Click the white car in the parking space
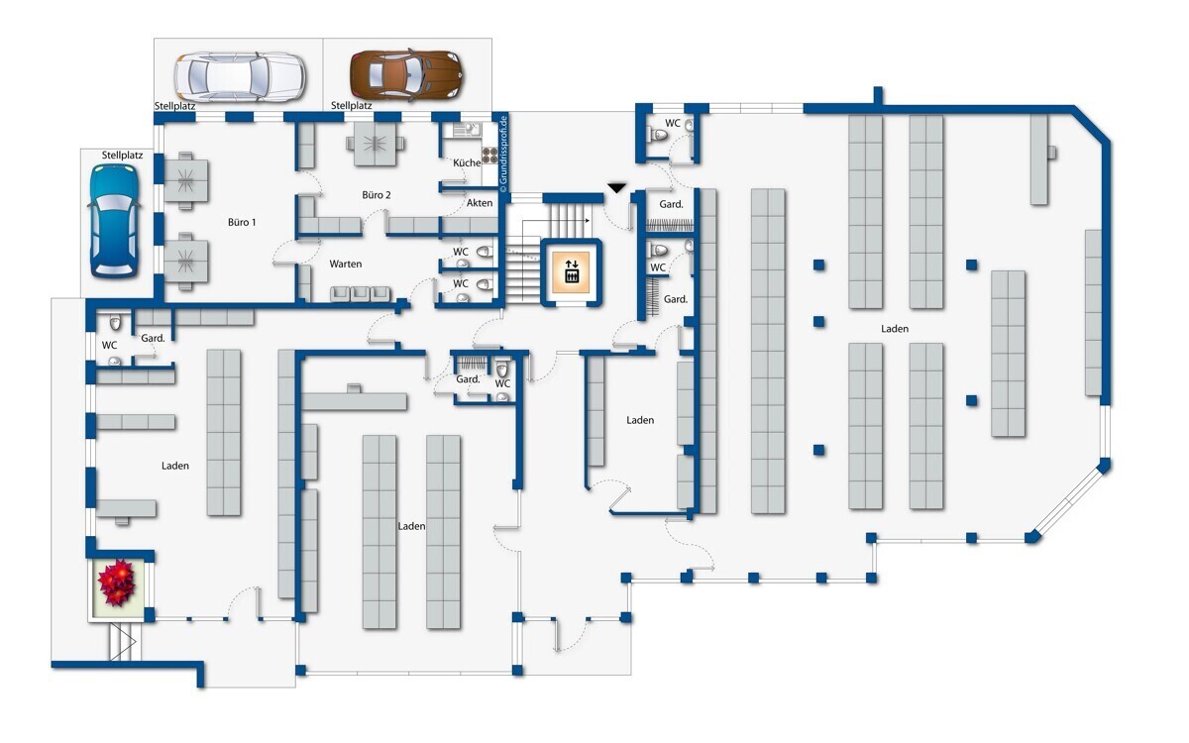(240, 76)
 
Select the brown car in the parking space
(405, 75)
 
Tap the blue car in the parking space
(114, 221)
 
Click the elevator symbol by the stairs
(572, 271)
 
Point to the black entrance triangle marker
(616, 188)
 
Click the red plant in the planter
(117, 583)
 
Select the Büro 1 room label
(242, 222)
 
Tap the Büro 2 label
(377, 195)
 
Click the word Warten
(346, 264)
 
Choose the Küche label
(467, 162)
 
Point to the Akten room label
(480, 203)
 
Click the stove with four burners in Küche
(489, 155)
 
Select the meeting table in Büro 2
(376, 144)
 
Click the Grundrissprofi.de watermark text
(503, 151)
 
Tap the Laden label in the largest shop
(895, 329)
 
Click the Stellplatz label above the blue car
(122, 156)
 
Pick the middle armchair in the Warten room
(361, 293)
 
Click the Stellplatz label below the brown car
(352, 106)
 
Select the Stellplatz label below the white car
(175, 106)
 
